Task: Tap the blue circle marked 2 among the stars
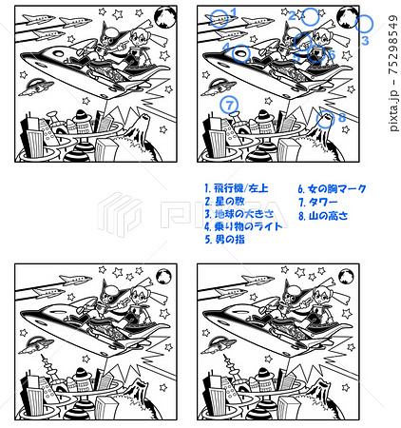[309, 16]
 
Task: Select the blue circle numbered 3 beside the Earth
[364, 24]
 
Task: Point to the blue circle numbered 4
[241, 53]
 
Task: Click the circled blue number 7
[228, 105]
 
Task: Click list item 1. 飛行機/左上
[239, 189]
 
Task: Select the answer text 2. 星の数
[226, 203]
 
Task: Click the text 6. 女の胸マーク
[332, 189]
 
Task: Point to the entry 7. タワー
[316, 203]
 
